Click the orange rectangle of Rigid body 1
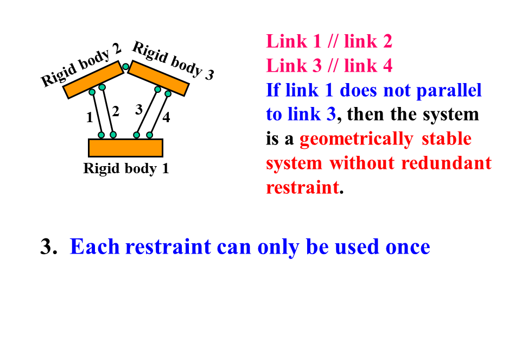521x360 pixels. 125,148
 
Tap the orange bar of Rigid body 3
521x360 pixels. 158,78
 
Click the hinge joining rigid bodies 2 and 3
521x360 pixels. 125,67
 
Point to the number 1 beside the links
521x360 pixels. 90,117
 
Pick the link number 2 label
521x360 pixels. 116,112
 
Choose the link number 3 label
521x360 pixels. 139,110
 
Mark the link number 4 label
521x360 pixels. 166,117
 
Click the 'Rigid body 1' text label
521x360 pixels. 126,169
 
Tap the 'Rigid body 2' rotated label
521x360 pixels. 81,67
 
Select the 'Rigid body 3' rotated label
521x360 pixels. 173,61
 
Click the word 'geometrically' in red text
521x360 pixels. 355,139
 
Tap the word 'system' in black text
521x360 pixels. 453,115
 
